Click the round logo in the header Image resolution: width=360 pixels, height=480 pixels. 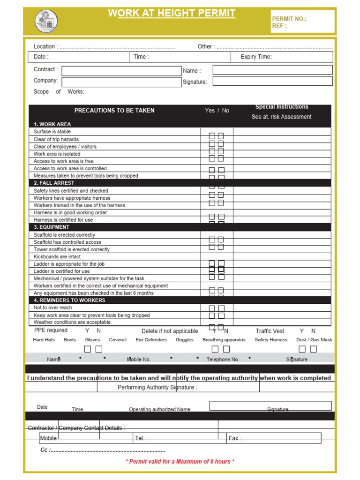pos(46,22)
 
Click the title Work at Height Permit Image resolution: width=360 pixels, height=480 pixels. pos(172,14)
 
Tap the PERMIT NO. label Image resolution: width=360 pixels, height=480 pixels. pos(289,19)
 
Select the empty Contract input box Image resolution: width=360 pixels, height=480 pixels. pos(121,71)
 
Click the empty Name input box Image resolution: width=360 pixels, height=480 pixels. pos(272,70)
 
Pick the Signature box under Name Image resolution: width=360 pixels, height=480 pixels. pos(272,81)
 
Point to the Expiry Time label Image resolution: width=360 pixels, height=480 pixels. pos(256,57)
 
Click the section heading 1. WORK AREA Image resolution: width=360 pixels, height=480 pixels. pos(52,124)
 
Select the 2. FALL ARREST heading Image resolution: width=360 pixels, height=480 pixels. pos(54,183)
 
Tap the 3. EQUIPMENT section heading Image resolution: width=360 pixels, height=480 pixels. pos(52,227)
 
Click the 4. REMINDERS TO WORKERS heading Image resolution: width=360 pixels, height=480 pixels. pos(69,300)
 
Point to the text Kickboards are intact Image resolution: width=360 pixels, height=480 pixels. pos(57,256)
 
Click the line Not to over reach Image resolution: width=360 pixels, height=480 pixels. pos(53,307)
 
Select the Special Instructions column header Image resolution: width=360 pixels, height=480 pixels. pos(282,107)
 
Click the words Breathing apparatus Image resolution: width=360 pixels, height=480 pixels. pos(224,340)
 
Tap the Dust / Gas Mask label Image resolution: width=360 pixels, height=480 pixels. pos(314,340)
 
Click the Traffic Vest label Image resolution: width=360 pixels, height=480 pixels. pos(270,331)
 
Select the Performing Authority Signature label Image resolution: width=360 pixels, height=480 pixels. pos(157,387)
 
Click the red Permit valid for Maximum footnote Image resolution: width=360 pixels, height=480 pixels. pos(180,461)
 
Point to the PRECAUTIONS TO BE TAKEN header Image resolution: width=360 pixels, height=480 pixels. pos(114,111)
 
